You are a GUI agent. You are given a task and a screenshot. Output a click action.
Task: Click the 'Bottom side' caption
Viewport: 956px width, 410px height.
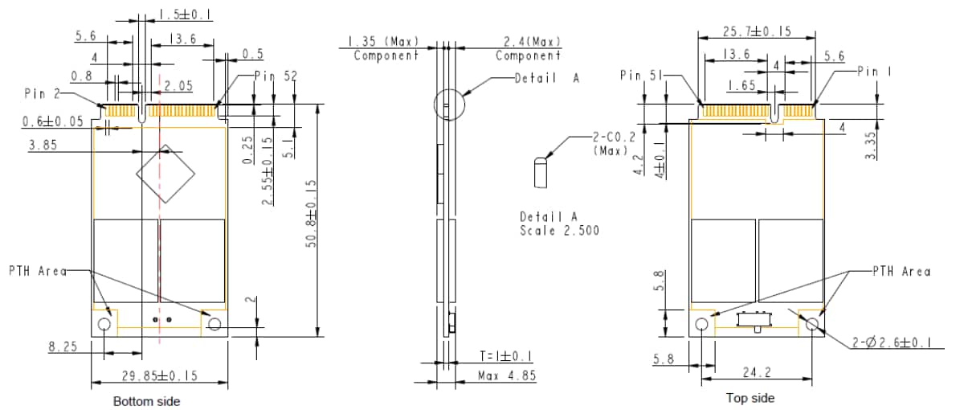(146, 401)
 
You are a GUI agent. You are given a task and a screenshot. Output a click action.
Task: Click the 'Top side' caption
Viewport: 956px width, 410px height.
(750, 398)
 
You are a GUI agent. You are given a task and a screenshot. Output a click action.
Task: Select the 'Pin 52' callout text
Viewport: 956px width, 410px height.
(276, 76)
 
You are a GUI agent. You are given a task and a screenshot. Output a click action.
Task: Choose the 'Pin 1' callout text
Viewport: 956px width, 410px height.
(873, 72)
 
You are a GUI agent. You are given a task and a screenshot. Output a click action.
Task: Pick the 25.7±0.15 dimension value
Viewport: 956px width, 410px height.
(756, 31)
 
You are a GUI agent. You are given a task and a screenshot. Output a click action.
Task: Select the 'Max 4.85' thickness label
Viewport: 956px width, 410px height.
(507, 375)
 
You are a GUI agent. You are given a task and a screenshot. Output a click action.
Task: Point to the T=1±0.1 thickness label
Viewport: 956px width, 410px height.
(507, 356)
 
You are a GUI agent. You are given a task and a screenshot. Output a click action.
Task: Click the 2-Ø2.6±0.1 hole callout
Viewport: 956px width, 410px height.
(892, 343)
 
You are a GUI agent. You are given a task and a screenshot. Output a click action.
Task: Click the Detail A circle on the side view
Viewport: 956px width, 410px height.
(449, 105)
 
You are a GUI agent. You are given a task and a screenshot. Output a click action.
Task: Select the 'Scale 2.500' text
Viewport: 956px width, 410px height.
(559, 230)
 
